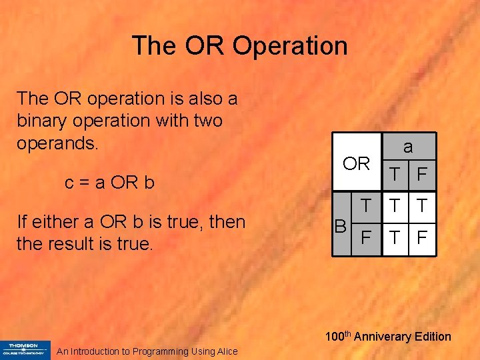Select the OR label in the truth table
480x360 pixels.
coord(356,163)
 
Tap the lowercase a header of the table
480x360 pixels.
coord(409,146)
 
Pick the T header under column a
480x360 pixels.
coord(395,175)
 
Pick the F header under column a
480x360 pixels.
coord(422,175)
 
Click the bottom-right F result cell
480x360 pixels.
coord(422,236)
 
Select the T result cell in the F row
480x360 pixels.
coord(395,236)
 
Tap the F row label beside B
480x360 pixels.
coord(365,236)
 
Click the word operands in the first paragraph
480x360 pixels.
coord(57,144)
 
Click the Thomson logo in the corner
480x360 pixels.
coord(25,349)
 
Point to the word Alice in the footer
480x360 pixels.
coord(225,351)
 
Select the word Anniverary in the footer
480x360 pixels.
coord(381,337)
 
